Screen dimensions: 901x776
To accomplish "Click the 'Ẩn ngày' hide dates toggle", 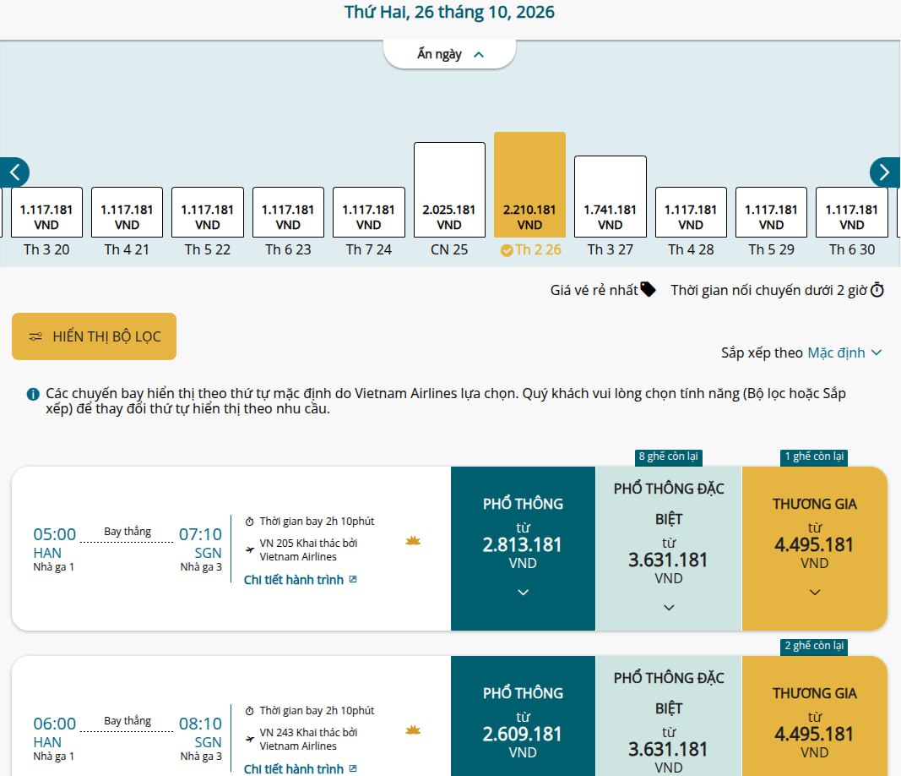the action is pyautogui.click(x=449, y=54).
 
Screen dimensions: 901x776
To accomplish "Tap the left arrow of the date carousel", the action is pyautogui.click(x=14, y=172).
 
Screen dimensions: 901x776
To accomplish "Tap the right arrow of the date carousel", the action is pyautogui.click(x=885, y=172).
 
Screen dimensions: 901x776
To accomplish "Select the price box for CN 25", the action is pyautogui.click(x=449, y=190).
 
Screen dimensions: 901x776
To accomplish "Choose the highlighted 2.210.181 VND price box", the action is pyautogui.click(x=529, y=184).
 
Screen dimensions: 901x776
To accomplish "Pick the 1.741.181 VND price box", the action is pyautogui.click(x=611, y=196).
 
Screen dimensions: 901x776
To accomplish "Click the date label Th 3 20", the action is pyautogui.click(x=46, y=249).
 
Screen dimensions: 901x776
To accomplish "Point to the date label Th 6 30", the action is pyautogui.click(x=851, y=249).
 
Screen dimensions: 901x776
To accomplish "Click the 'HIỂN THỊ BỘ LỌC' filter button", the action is pyautogui.click(x=95, y=336).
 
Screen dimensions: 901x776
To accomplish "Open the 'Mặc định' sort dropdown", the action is pyautogui.click(x=844, y=352).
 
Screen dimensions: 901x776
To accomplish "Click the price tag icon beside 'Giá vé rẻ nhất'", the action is pyautogui.click(x=648, y=289).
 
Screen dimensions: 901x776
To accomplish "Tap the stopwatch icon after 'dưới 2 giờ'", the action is pyautogui.click(x=877, y=289).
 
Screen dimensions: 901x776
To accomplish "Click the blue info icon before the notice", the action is pyautogui.click(x=33, y=394).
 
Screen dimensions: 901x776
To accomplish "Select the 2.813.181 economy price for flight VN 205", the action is pyautogui.click(x=523, y=544).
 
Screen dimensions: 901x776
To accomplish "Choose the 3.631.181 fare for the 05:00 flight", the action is pyautogui.click(x=668, y=560).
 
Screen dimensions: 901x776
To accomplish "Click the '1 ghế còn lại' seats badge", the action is pyautogui.click(x=814, y=456).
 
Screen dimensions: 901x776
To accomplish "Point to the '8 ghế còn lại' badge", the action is pyautogui.click(x=668, y=456).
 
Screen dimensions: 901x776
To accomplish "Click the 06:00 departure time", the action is pyautogui.click(x=55, y=723).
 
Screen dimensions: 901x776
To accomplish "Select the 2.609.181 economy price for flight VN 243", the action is pyautogui.click(x=523, y=734).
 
